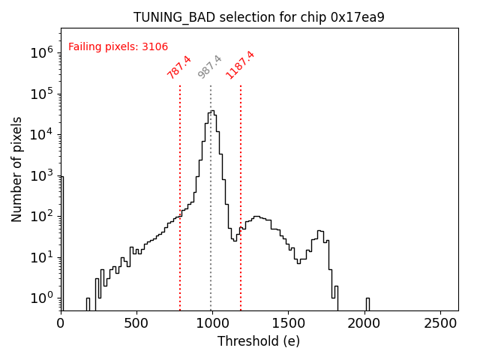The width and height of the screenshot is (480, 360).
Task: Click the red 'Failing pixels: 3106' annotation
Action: tap(118, 47)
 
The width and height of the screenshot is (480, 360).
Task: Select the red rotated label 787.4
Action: tap(179, 67)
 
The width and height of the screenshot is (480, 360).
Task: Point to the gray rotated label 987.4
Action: tap(210, 67)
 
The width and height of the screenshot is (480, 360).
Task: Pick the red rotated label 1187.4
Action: tap(241, 65)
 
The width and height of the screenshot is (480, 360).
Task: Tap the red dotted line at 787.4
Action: tap(180, 187)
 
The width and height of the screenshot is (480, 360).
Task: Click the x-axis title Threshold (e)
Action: tap(259, 341)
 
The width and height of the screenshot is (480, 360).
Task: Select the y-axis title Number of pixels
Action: tap(17, 169)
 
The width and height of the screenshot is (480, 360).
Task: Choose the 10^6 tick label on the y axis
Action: tap(40, 53)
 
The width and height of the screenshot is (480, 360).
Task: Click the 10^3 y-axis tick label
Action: tap(40, 175)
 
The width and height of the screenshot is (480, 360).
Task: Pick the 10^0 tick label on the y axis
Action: tap(40, 298)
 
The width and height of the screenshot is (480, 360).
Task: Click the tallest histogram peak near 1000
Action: tap(212, 112)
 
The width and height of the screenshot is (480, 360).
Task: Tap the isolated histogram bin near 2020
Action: tap(367, 304)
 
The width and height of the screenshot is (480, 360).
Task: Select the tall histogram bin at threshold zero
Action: tap(61, 240)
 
